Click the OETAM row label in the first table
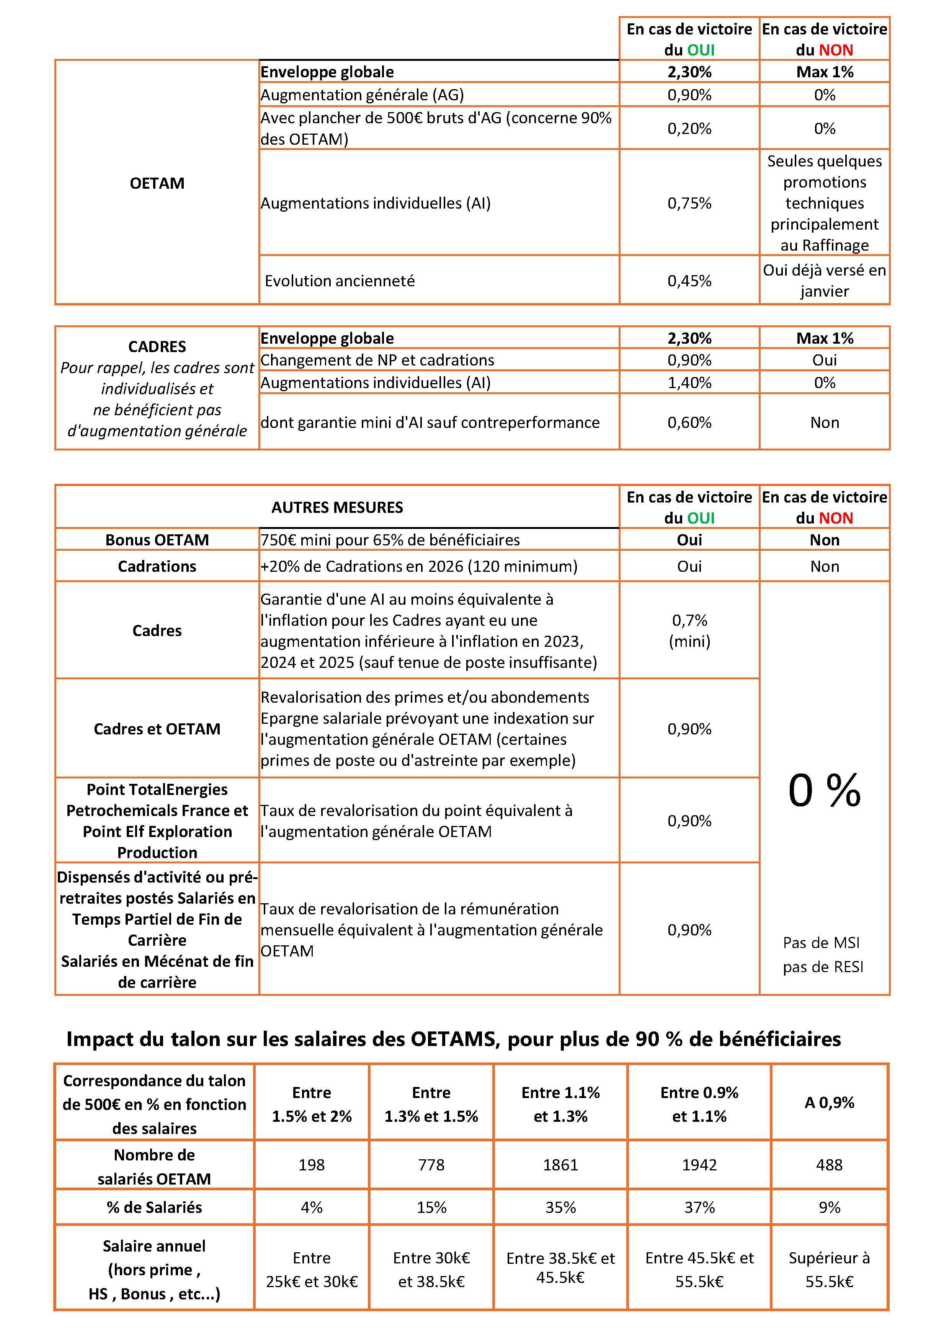tap(157, 183)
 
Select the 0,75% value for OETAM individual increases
tap(689, 203)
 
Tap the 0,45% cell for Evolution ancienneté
tap(689, 281)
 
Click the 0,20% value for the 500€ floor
tap(689, 128)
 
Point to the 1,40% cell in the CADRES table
tap(689, 383)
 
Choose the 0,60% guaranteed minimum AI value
tap(689, 422)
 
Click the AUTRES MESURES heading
tap(337, 507)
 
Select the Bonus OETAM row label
tap(157, 539)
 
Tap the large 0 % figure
tap(824, 791)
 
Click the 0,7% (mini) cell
tap(689, 631)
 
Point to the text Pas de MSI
tap(822, 942)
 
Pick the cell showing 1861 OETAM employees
tap(560, 1165)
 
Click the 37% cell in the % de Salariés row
tap(699, 1207)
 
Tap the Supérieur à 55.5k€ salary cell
tap(829, 1269)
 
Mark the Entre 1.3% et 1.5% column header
tap(431, 1104)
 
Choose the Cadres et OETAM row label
tap(157, 729)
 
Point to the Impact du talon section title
tap(453, 1039)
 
